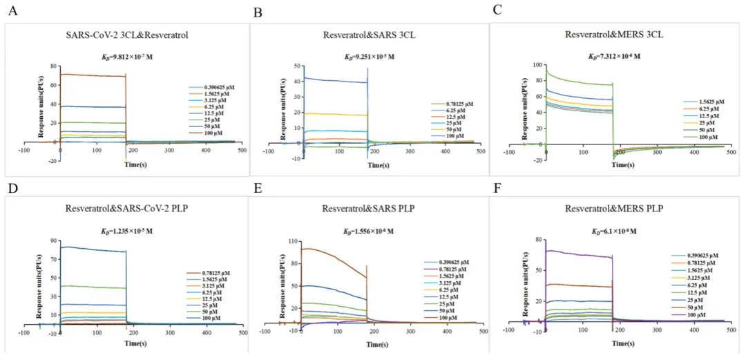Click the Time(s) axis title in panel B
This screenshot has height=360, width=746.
pyautogui.click(x=378, y=166)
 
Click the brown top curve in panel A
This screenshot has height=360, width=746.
pyautogui.click(x=93, y=75)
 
